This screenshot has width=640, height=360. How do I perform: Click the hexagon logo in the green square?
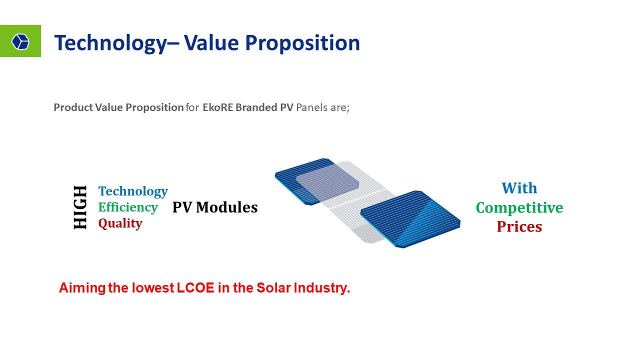pos(20,41)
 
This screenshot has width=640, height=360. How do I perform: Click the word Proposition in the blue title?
pos(302,43)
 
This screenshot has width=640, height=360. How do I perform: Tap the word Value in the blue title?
pos(211,43)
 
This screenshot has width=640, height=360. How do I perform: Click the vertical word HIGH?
pos(80,207)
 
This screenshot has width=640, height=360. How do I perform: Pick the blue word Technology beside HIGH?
pos(133,191)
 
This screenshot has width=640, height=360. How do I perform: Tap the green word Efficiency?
pos(128,207)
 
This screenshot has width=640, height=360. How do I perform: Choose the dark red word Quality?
pos(120,223)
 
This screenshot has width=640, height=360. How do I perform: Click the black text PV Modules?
pos(215,207)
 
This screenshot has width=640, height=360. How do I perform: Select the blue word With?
pos(519,188)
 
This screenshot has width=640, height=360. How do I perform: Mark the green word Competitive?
pos(519,208)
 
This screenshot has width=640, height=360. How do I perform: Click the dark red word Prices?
pos(519,227)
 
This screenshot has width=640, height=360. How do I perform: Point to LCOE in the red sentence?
pos(195,287)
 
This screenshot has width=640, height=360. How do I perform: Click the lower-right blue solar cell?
pos(410,219)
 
